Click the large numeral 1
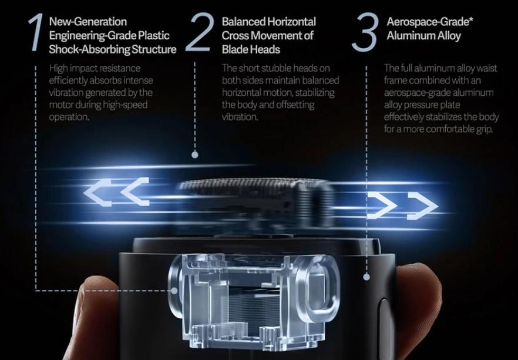click(36, 32)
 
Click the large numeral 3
click(365, 32)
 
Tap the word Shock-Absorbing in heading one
click(89, 49)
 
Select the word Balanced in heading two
click(244, 22)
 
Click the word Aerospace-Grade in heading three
click(428, 22)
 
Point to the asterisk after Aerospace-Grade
click(471, 19)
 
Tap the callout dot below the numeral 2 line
click(195, 154)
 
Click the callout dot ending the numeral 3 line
click(366, 277)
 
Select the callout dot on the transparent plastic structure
click(174, 291)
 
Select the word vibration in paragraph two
click(239, 117)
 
